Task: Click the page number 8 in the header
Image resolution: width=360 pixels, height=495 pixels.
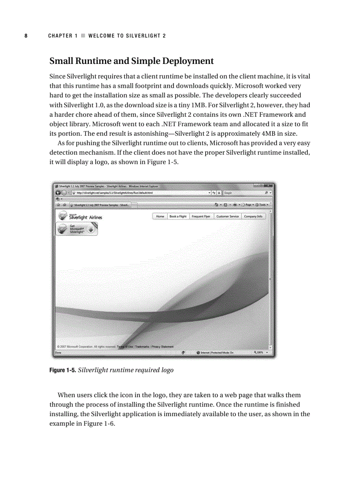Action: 26,36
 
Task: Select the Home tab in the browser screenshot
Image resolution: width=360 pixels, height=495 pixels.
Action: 160,216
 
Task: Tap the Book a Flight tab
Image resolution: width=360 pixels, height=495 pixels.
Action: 178,216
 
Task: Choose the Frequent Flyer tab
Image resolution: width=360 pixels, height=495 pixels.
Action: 201,216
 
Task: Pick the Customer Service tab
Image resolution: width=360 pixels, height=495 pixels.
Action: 228,216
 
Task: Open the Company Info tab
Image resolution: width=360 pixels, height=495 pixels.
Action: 253,216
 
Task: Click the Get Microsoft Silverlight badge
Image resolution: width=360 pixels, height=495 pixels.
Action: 77,229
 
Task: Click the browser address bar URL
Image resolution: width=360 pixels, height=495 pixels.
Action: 115,193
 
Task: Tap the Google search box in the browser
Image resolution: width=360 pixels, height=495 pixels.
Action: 243,193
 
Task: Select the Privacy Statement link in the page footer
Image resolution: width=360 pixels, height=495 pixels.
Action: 162,346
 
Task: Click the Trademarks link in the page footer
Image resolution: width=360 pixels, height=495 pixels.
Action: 142,346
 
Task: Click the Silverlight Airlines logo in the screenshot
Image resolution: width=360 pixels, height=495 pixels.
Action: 80,216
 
